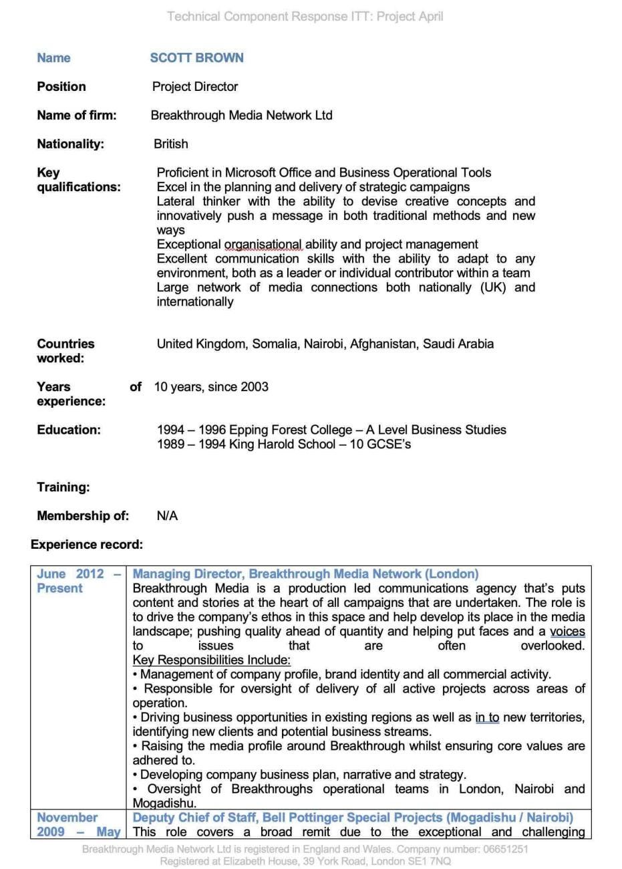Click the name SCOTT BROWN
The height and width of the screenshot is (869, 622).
pos(196,58)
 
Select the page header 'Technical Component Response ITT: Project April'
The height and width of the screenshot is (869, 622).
pos(305,16)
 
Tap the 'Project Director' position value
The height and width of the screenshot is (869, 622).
pos(194,87)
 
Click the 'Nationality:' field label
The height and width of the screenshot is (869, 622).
pos(70,144)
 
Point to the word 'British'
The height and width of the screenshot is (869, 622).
pos(171,144)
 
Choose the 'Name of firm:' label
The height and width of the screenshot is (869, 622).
pos(76,116)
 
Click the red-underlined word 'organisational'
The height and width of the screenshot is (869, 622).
pos(263,245)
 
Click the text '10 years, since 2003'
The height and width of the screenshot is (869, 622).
pos(211,387)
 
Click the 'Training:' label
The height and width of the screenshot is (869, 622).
pos(63,487)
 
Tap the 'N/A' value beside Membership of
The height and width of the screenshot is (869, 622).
pos(167,516)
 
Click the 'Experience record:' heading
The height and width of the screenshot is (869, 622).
pos(86,545)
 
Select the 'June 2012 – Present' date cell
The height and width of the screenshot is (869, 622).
pos(79,581)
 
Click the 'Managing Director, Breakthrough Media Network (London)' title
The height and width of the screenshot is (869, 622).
pos(305,574)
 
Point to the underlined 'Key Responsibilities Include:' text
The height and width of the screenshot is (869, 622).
pos(211,660)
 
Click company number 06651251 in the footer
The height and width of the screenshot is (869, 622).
pos(499,850)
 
